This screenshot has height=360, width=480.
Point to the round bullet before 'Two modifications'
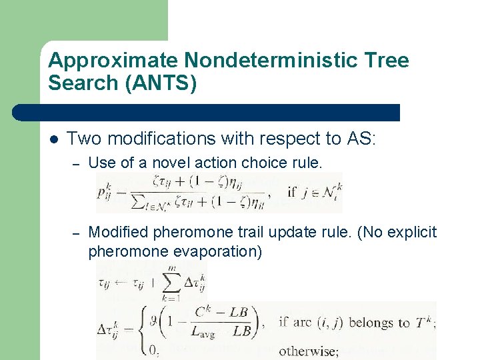tap(54, 139)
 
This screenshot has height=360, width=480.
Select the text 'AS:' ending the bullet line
tap(361, 139)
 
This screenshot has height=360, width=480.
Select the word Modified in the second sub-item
tap(114, 232)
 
